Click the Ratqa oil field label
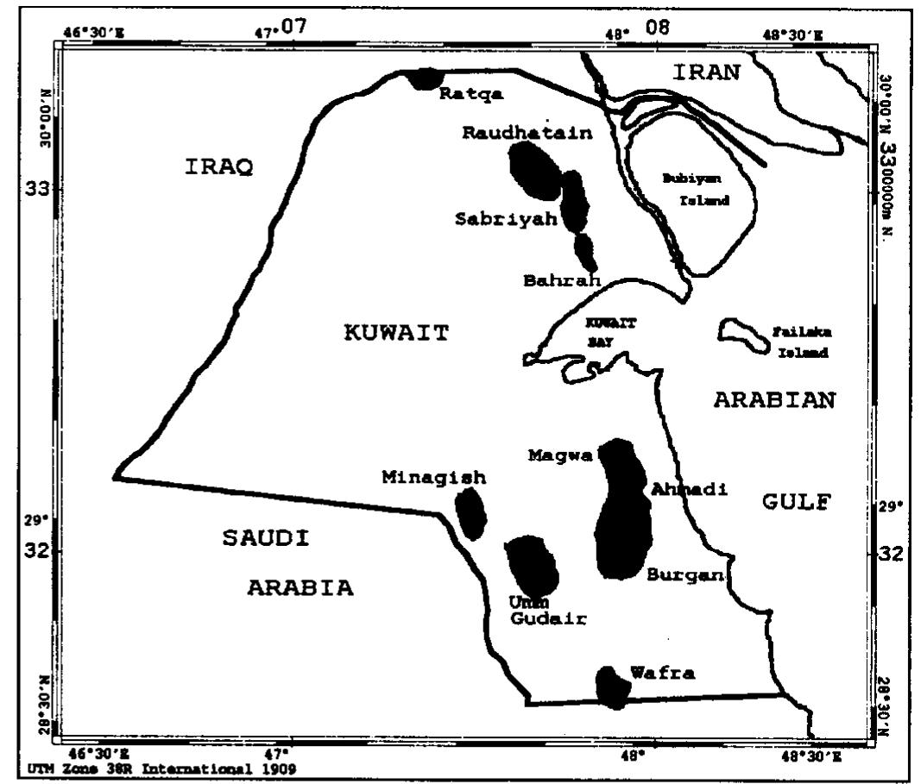tap(470, 93)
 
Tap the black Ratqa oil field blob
tap(424, 79)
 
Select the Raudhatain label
tap(527, 133)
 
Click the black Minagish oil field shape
tap(470, 513)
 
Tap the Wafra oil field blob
tap(611, 687)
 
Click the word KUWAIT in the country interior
tap(396, 333)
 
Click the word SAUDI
tap(266, 538)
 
